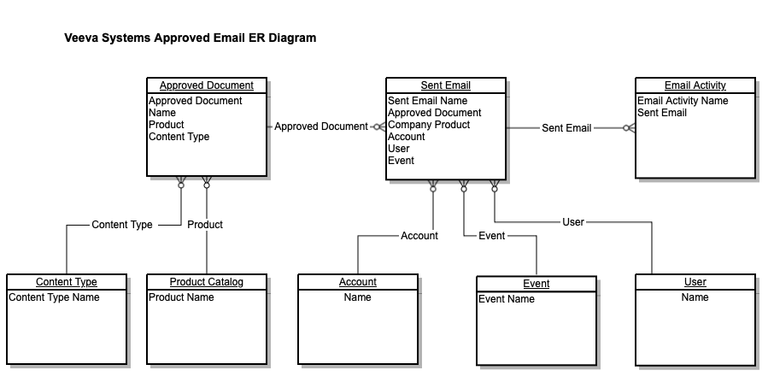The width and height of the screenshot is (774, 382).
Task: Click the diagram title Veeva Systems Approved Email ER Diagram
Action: tap(190, 38)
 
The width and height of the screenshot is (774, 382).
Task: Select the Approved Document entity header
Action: tap(206, 85)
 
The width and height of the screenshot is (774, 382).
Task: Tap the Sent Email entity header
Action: tap(445, 85)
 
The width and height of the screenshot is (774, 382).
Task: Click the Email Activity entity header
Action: tap(695, 85)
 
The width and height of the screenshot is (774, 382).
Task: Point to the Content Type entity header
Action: tap(66, 282)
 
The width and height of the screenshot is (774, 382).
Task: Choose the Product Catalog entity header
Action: tap(206, 282)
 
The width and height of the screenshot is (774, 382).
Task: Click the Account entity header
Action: tap(357, 282)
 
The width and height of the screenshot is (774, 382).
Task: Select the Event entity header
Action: tap(536, 284)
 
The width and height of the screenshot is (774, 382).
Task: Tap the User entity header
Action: tap(695, 282)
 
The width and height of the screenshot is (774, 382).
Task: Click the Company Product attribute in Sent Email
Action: tap(429, 125)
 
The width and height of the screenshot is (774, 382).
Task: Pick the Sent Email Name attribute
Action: tap(427, 101)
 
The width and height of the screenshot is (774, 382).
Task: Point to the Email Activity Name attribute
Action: tap(683, 101)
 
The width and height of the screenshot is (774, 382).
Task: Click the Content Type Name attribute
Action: tap(54, 297)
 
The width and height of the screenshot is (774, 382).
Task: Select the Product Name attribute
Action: tap(181, 297)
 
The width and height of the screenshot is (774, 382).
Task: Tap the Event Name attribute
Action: tap(507, 299)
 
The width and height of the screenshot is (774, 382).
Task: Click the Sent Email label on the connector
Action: tap(566, 128)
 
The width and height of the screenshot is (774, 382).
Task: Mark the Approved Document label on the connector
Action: tap(321, 126)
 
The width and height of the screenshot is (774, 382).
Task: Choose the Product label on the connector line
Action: tap(205, 225)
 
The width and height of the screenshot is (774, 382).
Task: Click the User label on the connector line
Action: tap(573, 222)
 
